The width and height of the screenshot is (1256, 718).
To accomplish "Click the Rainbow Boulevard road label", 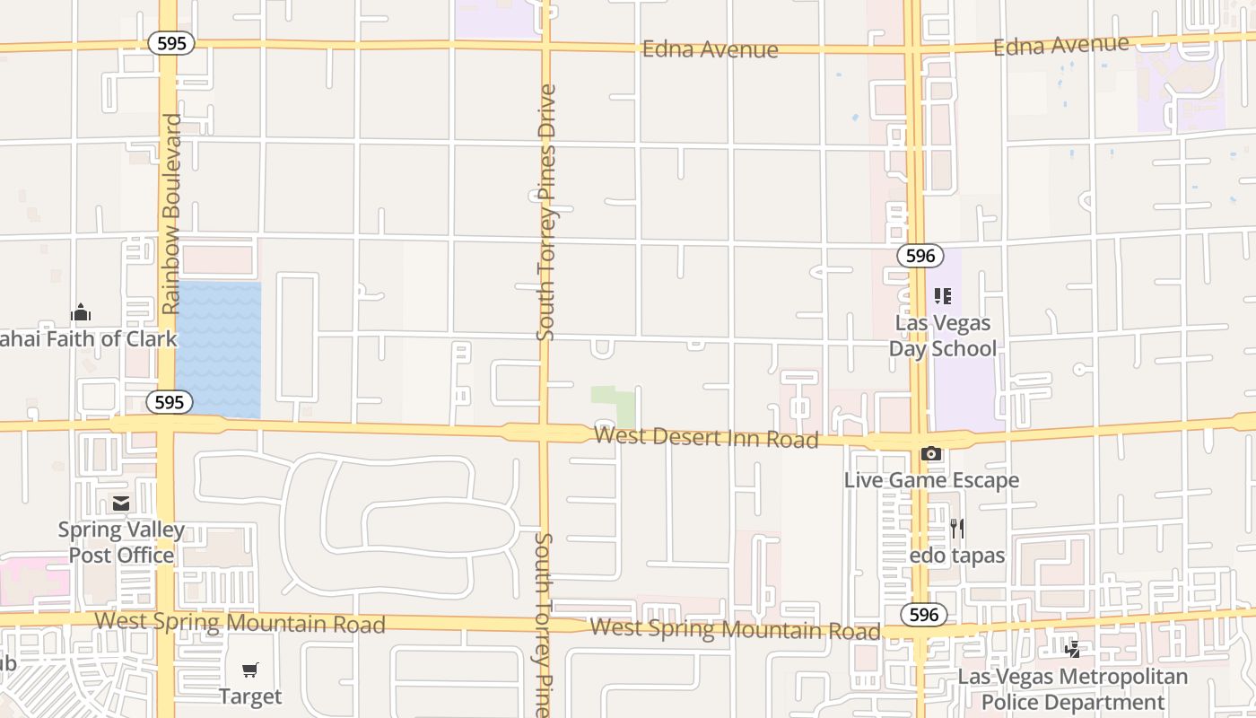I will click(170, 214).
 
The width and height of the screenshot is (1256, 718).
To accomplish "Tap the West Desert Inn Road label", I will click(707, 438).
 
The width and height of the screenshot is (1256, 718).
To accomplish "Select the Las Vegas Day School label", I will click(943, 336).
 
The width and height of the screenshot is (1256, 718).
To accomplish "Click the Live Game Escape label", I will click(931, 480).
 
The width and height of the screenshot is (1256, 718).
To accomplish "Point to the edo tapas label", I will click(957, 556).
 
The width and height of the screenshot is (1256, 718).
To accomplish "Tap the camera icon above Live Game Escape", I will click(931, 454).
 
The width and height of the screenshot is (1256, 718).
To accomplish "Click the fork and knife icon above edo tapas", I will click(957, 529).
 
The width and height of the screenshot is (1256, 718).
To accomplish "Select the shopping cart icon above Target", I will click(250, 670).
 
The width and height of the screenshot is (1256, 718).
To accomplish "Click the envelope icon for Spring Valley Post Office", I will click(121, 503).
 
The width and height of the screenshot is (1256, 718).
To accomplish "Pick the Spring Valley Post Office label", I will click(121, 542).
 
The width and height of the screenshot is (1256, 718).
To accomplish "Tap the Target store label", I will click(250, 696).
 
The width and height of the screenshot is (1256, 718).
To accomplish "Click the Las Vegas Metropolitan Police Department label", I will click(1073, 689).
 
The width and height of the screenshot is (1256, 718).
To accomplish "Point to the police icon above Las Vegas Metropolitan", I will click(1072, 649).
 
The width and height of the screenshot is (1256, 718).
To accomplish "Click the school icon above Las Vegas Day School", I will click(942, 295).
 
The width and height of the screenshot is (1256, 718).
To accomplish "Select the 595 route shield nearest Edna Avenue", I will click(171, 43).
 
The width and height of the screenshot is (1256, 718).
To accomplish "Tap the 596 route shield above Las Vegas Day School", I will click(920, 256).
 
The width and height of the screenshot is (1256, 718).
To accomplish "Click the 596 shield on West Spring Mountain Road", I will click(924, 614).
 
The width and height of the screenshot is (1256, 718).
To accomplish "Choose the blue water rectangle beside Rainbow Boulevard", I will click(219, 350).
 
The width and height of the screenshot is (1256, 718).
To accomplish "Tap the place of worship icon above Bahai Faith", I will click(81, 312).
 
